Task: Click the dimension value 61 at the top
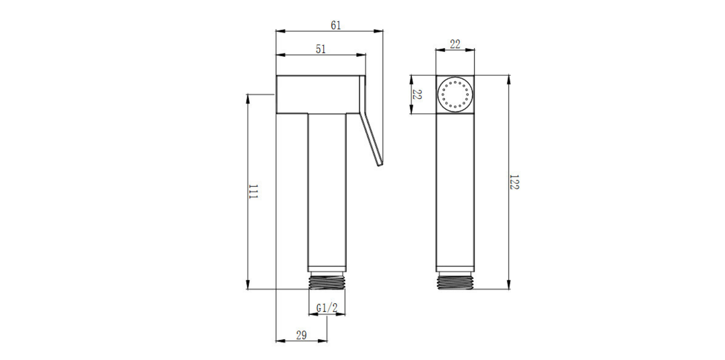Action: click(x=335, y=25)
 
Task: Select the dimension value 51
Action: click(x=321, y=49)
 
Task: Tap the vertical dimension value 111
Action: click(x=253, y=191)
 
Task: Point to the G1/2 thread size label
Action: click(x=327, y=308)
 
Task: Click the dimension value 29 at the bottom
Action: click(x=301, y=335)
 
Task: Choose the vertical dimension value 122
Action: click(x=514, y=182)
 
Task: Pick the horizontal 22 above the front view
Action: click(x=455, y=45)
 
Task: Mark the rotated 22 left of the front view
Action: click(x=417, y=95)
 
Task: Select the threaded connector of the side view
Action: click(x=327, y=281)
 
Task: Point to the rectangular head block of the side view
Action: click(x=318, y=95)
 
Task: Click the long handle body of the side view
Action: click(x=327, y=191)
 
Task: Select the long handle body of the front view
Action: click(x=455, y=191)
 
